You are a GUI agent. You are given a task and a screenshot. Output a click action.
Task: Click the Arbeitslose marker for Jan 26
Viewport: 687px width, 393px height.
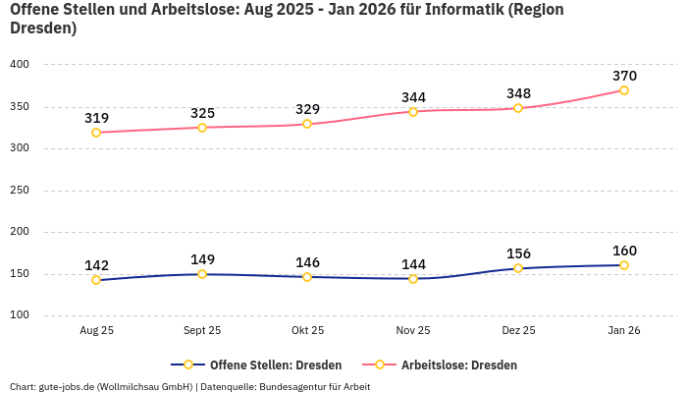click(624, 90)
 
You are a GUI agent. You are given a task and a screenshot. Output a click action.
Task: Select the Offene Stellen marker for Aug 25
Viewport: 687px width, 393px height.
click(96, 280)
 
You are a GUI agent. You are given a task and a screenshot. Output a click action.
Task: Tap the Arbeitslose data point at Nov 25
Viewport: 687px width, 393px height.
click(413, 112)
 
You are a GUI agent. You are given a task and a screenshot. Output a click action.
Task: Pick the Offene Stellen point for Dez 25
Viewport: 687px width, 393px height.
click(518, 268)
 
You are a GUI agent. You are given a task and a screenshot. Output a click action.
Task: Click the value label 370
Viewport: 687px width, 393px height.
click(624, 76)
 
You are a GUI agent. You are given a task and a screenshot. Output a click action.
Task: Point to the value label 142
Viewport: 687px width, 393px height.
click(96, 265)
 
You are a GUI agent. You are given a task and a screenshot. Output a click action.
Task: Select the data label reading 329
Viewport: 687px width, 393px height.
click(307, 109)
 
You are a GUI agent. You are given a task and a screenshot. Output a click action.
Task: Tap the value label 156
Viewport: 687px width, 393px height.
click(518, 253)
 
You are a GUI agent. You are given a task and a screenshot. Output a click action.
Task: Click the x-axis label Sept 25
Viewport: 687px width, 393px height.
click(202, 331)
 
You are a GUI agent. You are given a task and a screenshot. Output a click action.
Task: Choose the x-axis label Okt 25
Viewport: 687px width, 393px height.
click(307, 331)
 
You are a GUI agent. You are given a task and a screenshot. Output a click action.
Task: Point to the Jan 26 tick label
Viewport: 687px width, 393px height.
click(624, 331)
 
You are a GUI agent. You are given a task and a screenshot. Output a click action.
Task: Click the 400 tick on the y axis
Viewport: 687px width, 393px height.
click(20, 65)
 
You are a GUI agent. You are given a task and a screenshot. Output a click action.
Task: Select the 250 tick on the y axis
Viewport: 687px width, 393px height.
click(20, 191)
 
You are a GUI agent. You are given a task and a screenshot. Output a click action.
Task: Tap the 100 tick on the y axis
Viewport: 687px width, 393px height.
click(20, 315)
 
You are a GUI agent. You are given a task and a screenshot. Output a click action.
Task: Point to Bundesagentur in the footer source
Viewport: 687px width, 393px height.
click(293, 386)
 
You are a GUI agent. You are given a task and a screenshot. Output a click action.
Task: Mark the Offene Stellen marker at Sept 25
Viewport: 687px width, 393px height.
click(202, 274)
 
